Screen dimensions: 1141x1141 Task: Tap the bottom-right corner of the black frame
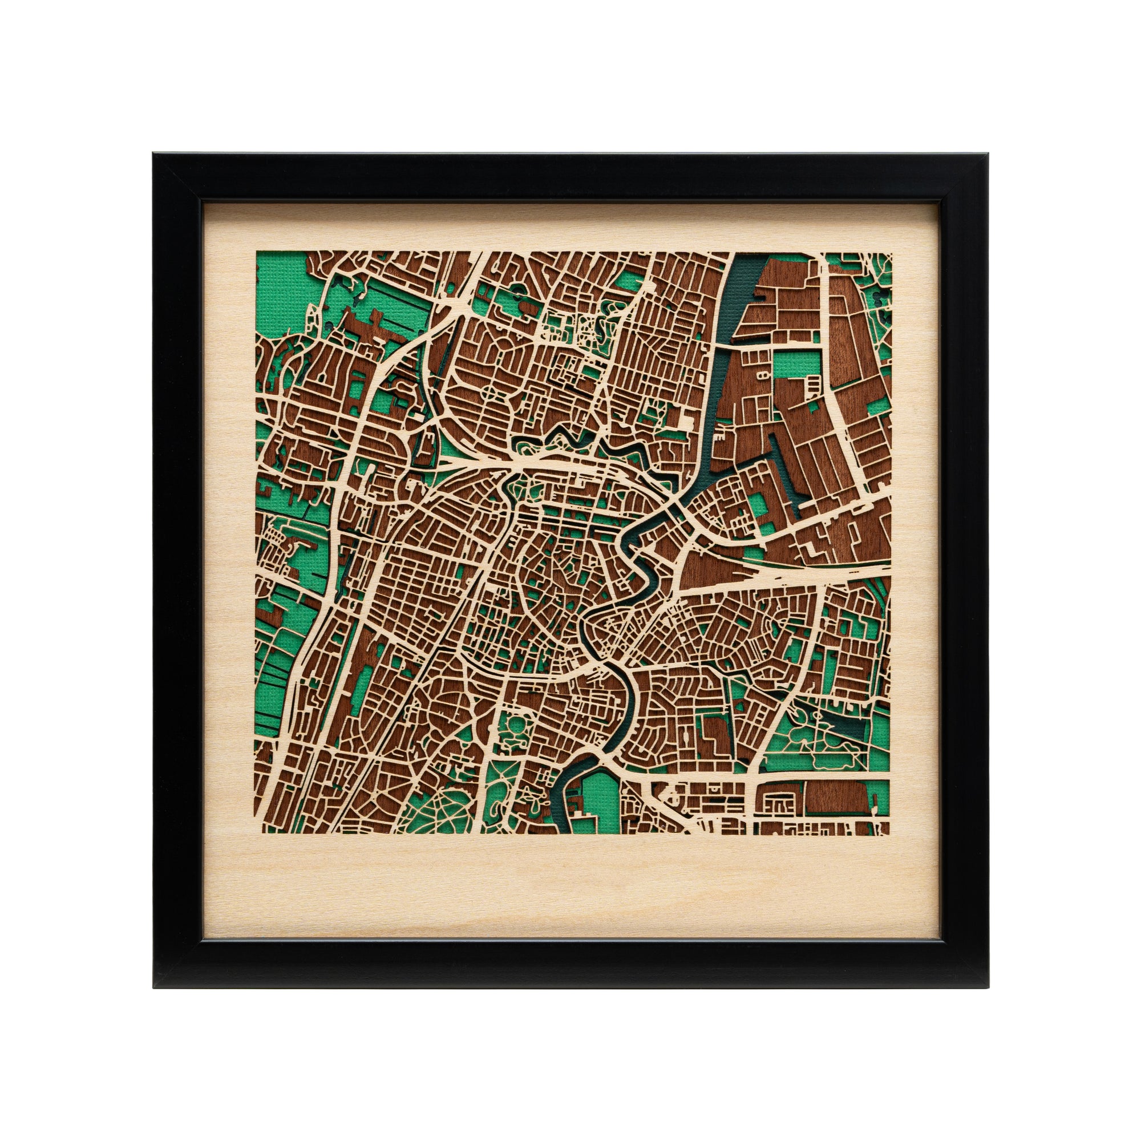point(989,988)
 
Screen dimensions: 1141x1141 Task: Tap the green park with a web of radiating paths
point(425,815)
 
